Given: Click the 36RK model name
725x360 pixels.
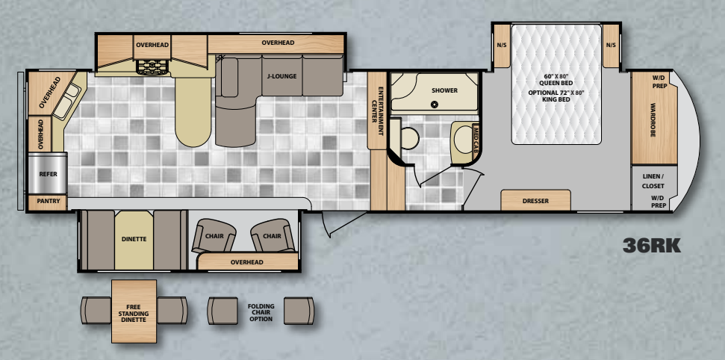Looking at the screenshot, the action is click(x=652, y=246).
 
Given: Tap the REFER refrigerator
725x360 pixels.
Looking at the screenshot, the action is click(x=48, y=173).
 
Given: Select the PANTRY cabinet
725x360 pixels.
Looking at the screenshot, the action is click(x=48, y=202).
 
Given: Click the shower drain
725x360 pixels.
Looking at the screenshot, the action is click(x=434, y=105).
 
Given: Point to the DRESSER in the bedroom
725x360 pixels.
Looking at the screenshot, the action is click(x=535, y=200).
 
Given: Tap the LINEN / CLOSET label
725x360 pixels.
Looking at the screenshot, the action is click(x=653, y=181).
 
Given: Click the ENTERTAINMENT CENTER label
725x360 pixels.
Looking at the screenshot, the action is click(x=377, y=111).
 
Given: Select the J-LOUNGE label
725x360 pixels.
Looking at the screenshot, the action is click(x=281, y=76).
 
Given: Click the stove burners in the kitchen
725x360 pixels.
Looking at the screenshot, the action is click(x=153, y=67).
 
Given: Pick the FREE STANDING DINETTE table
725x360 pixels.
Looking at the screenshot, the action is click(x=134, y=311).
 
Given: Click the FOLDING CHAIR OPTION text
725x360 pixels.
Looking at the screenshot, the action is click(x=261, y=313).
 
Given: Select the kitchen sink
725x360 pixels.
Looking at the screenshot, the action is click(x=66, y=102).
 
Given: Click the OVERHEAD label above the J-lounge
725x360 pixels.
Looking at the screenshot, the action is click(x=278, y=43).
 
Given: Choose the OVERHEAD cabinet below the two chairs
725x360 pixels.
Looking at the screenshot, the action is click(x=247, y=262).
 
